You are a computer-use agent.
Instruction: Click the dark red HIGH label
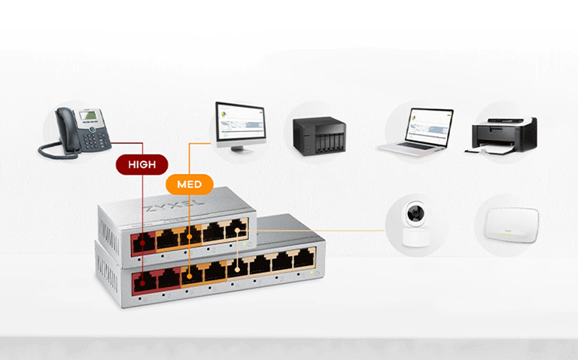click(x=142, y=164)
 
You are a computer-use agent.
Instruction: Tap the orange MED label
click(x=190, y=184)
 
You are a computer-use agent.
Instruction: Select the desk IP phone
click(x=75, y=133)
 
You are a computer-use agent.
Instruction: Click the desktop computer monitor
click(x=241, y=127)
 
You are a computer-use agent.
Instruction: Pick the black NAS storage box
click(x=319, y=136)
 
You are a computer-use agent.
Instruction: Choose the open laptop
click(x=415, y=131)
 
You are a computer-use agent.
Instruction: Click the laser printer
click(x=500, y=136)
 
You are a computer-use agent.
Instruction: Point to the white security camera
click(x=416, y=224)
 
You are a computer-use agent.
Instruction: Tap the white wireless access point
click(x=512, y=224)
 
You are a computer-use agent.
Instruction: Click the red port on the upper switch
click(x=144, y=243)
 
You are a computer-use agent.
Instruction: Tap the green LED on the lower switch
click(x=312, y=273)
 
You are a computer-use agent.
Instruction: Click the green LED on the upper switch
click(x=244, y=244)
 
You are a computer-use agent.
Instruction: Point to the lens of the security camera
click(x=415, y=213)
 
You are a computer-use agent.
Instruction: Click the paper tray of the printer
click(x=490, y=149)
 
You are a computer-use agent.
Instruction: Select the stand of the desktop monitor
click(x=242, y=149)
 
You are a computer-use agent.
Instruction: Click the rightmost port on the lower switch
click(x=304, y=258)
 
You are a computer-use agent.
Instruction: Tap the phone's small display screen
click(x=89, y=116)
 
